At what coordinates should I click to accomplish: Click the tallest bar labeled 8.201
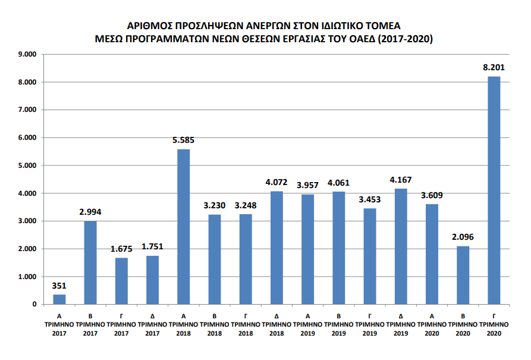pos(494,190)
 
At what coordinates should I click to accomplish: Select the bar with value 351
pos(59,299)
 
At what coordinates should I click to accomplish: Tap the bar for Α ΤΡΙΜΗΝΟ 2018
pos(184,227)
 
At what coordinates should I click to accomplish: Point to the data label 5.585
pos(183,140)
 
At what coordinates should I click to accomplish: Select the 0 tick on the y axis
pos(34,305)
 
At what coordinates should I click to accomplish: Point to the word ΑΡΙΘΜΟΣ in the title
pos(148,26)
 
